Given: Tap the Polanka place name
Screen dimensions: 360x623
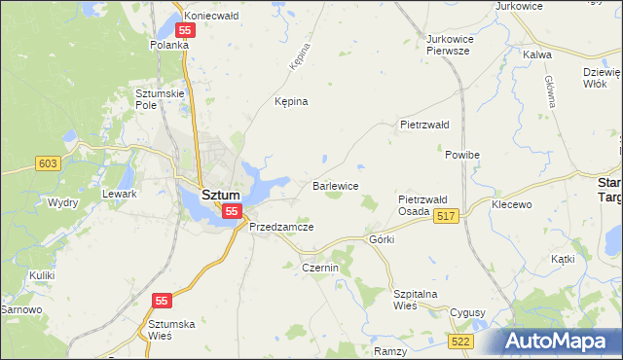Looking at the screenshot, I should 168,45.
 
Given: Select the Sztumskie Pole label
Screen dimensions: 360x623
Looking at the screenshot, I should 156,98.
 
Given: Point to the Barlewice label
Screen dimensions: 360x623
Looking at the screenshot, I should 336,185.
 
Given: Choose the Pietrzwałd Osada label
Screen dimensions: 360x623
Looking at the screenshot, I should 422,205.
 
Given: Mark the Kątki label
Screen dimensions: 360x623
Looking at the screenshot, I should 563,259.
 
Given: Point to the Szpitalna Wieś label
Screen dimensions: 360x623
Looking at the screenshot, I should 417,299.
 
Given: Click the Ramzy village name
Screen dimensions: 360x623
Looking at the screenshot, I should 389,349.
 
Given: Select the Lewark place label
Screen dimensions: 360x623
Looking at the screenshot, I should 120,194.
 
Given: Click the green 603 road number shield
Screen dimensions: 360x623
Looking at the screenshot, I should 46,163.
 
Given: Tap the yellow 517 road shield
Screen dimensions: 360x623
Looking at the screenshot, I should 446,216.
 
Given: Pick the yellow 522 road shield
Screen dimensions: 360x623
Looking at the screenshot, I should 461,341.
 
